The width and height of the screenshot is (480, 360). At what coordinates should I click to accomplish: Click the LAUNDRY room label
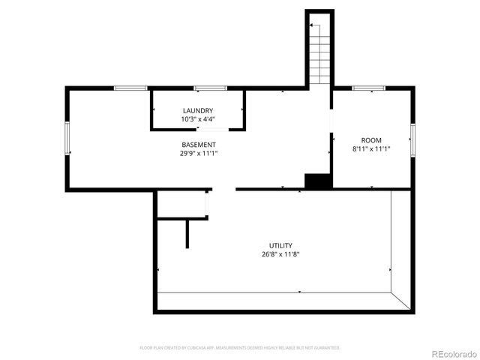click(198, 111)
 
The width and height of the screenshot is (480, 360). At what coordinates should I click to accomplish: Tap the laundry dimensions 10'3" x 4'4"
click(198, 119)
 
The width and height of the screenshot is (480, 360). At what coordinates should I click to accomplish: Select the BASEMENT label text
click(199, 145)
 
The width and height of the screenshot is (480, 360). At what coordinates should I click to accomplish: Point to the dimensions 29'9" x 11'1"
click(199, 153)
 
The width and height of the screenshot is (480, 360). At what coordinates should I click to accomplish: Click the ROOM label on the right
click(371, 140)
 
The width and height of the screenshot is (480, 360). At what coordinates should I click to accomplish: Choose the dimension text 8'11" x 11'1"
click(371, 149)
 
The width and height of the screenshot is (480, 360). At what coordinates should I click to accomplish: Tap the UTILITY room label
click(281, 245)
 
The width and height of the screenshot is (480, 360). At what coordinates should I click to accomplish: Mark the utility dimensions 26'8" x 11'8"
click(281, 254)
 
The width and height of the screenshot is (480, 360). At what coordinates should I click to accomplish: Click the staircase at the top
click(319, 52)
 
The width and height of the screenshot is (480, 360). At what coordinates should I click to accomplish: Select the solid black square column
click(318, 181)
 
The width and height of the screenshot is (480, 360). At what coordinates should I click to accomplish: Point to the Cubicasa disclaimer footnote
click(240, 348)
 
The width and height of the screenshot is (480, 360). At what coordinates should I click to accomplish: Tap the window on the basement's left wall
click(67, 139)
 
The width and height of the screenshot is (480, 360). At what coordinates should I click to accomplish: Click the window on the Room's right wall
click(412, 139)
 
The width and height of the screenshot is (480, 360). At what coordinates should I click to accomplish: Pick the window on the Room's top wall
click(368, 88)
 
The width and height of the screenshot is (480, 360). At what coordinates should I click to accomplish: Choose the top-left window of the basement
click(130, 88)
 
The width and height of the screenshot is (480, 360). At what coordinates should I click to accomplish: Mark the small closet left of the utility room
click(181, 204)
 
